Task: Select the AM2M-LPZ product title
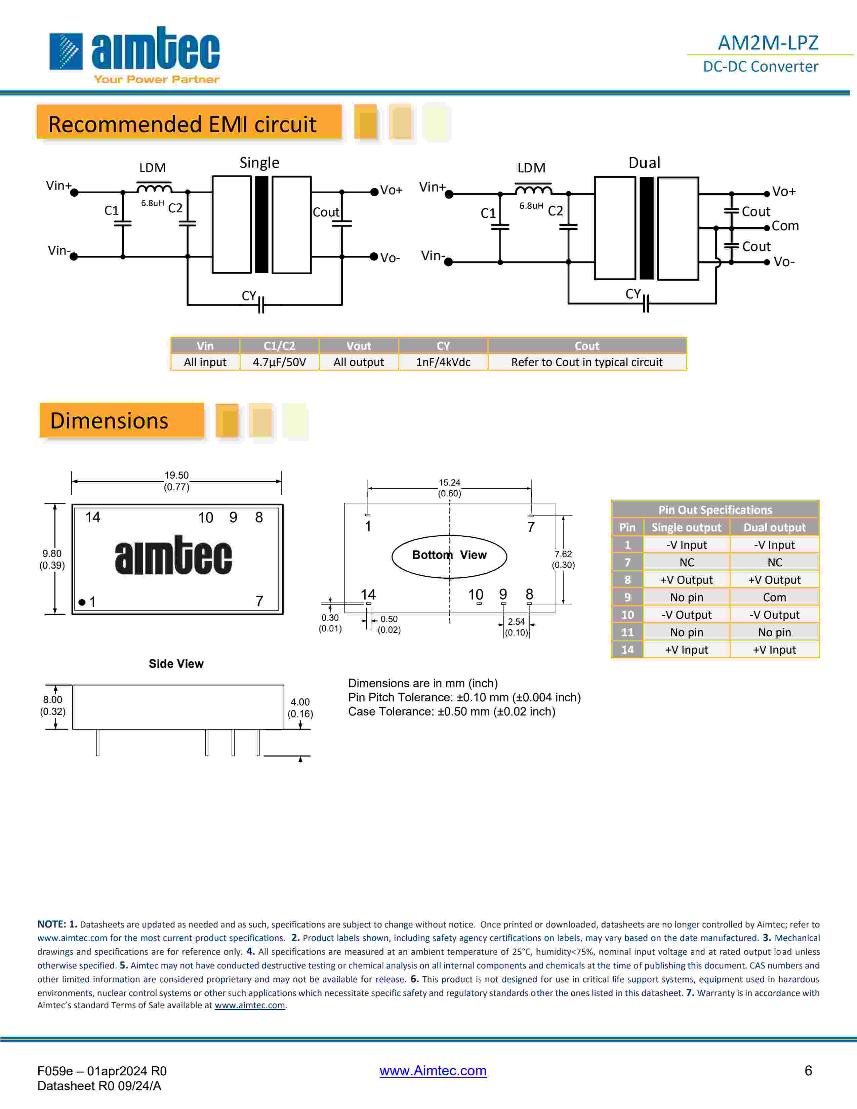point(767,43)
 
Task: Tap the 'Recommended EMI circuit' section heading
point(183,124)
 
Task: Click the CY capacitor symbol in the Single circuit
point(261,305)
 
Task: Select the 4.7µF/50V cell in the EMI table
point(279,362)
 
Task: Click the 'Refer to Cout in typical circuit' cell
point(586,362)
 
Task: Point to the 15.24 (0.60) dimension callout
point(449,488)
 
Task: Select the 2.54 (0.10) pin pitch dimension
point(516,627)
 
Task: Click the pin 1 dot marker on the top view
point(82,602)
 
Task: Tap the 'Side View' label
point(176,664)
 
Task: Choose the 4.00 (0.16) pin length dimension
point(300,708)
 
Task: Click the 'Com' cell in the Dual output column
point(774,597)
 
